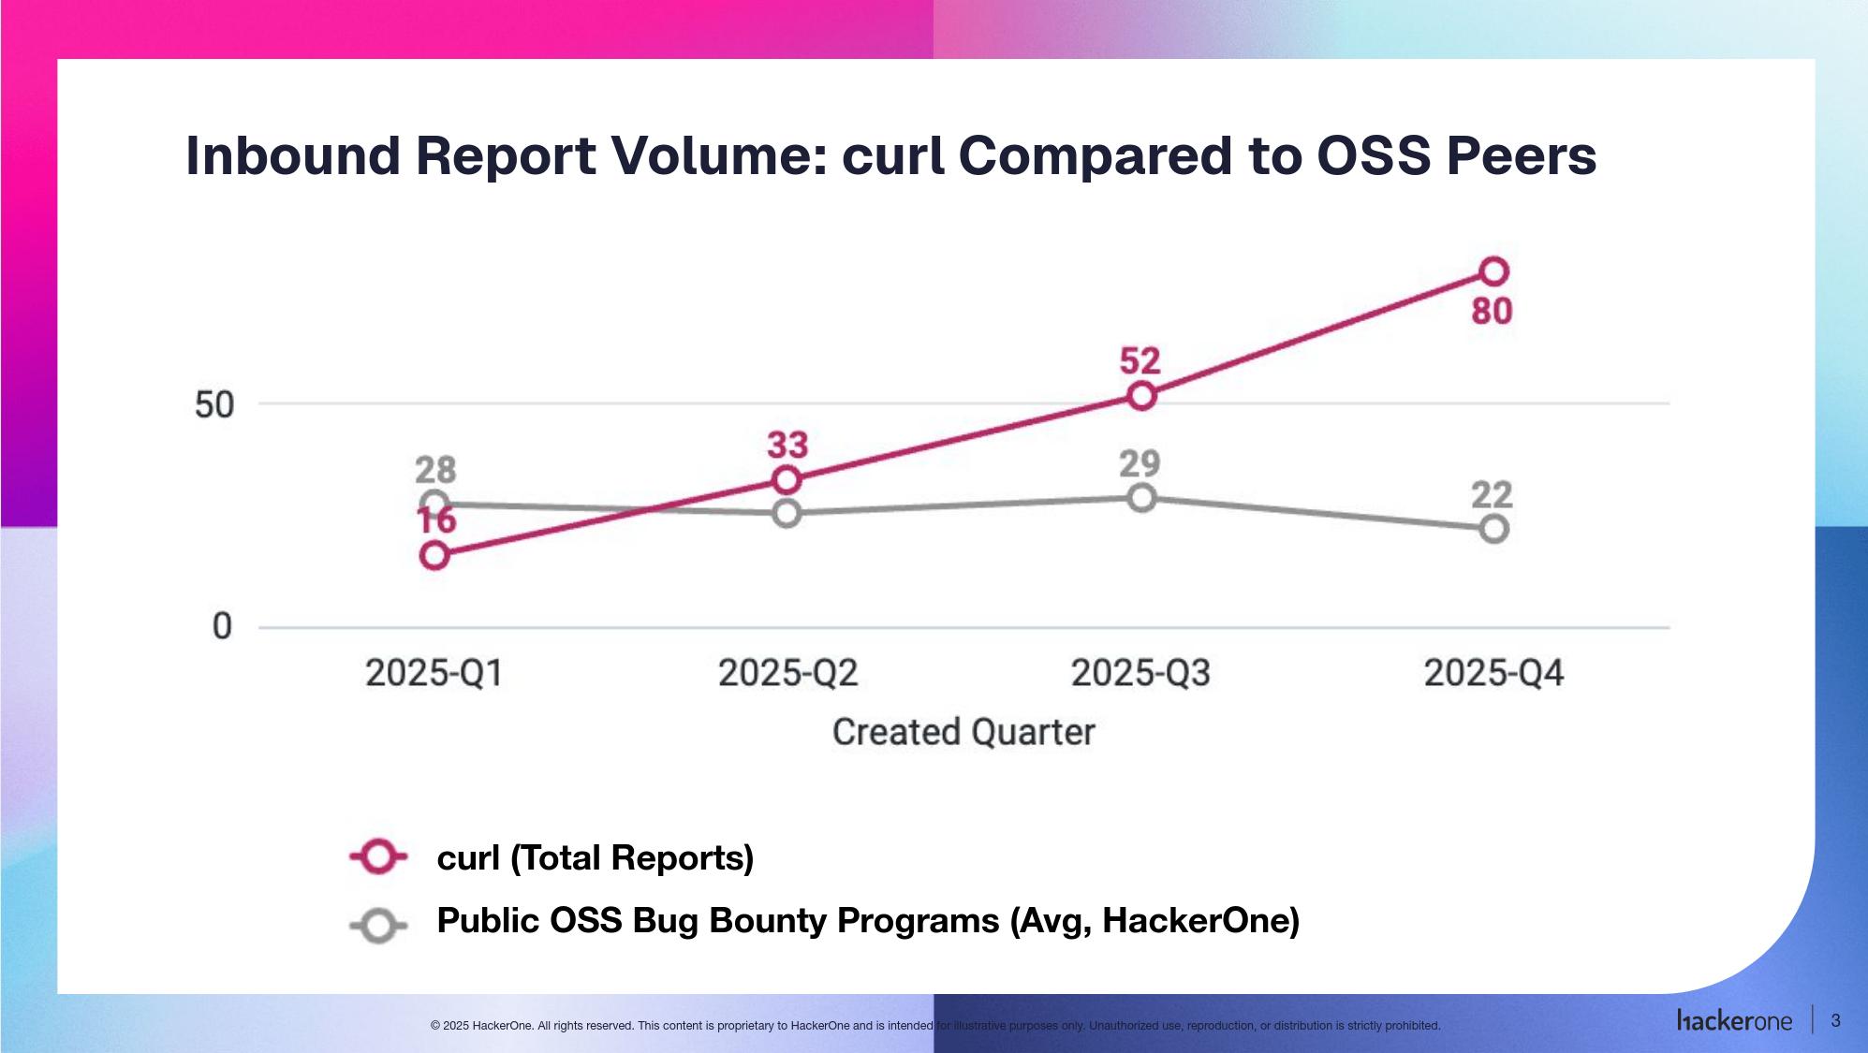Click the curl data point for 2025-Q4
1493,271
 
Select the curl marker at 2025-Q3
1141,396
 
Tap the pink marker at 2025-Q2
787,480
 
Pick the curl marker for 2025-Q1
434,555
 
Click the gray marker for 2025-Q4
1493,529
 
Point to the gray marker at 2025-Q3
1141,498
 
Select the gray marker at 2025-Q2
787,513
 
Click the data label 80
1492,311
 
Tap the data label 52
1140,360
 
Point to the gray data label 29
1140,463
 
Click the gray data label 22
1492,494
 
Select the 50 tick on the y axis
213,405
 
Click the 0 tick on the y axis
222,626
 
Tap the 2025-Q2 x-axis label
787,673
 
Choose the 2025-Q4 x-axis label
1493,673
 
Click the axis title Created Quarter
963,732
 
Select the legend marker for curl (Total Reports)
378,856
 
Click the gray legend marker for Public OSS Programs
378,927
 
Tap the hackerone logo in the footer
1734,1021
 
